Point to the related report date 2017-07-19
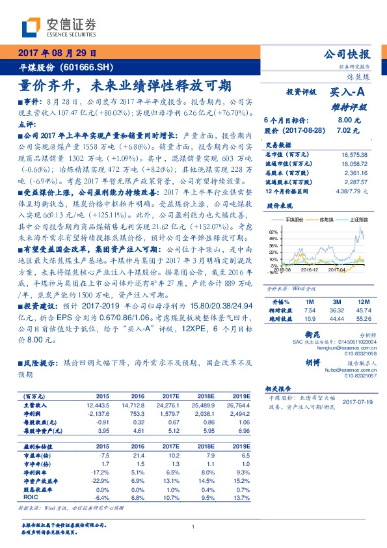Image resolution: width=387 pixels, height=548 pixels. [357, 402]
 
